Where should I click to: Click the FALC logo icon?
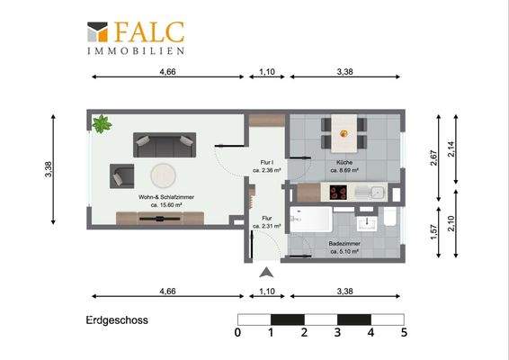point(98,33)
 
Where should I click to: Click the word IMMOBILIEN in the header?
point(149,51)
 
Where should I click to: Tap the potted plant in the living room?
point(101,122)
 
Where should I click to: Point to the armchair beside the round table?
point(122,175)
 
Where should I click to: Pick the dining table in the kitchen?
point(343,132)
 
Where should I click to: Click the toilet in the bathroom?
point(388,220)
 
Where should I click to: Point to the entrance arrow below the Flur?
point(264,274)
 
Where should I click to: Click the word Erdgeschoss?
point(117,319)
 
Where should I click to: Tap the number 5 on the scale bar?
point(404,333)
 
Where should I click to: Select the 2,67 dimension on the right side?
point(433,158)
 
